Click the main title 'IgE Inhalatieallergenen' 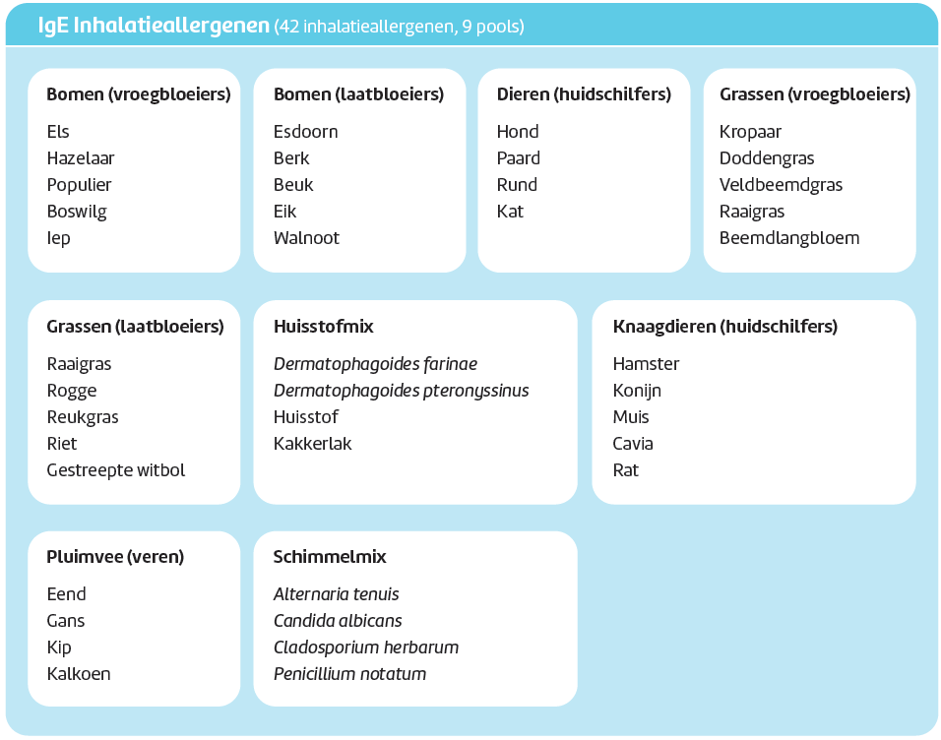tap(154, 26)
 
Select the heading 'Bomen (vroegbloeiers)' tap(139, 94)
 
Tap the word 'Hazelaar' tap(81, 157)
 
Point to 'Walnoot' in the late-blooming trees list tap(306, 238)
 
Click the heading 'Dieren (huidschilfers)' tap(584, 94)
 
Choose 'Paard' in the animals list tap(519, 157)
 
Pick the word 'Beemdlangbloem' tap(789, 238)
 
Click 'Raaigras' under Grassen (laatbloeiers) tap(79, 364)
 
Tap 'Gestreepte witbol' tap(116, 470)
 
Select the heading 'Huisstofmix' tap(324, 327)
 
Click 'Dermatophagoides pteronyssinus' tap(401, 391)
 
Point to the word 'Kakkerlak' tap(313, 444)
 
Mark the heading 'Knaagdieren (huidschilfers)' tap(725, 327)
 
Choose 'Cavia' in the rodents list tap(633, 444)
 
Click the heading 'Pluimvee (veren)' tap(115, 557)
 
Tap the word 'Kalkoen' tap(79, 674)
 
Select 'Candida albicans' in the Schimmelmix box tap(338, 621)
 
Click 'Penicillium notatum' tap(349, 674)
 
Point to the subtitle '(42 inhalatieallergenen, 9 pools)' tap(399, 27)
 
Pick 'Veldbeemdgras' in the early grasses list tap(781, 185)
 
